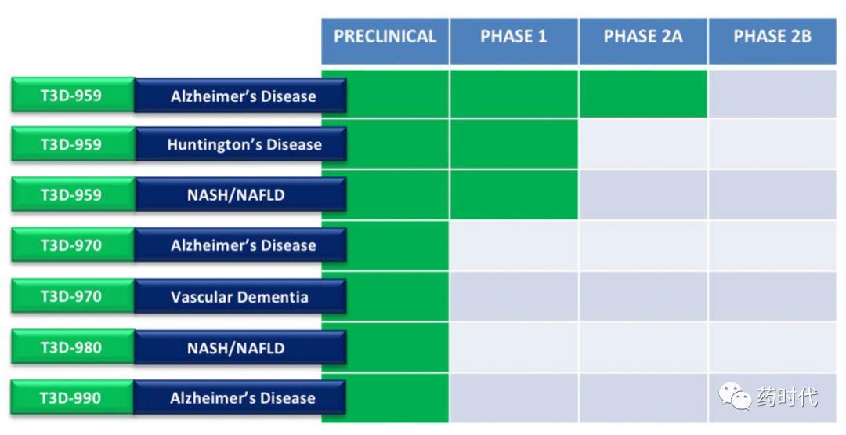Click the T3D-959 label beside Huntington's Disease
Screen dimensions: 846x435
[73, 144]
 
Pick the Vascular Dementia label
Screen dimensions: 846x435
[240, 296]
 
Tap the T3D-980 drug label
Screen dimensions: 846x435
[73, 347]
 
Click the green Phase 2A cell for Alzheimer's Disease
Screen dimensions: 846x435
[643, 94]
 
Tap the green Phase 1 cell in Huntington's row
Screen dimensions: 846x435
[514, 143]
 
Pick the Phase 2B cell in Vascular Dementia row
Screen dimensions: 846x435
[772, 296]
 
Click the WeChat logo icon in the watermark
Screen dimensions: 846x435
[734, 396]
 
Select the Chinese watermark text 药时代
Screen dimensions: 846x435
[787, 397]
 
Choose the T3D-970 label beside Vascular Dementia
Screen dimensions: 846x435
[73, 296]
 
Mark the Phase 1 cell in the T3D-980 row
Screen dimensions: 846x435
[514, 347]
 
